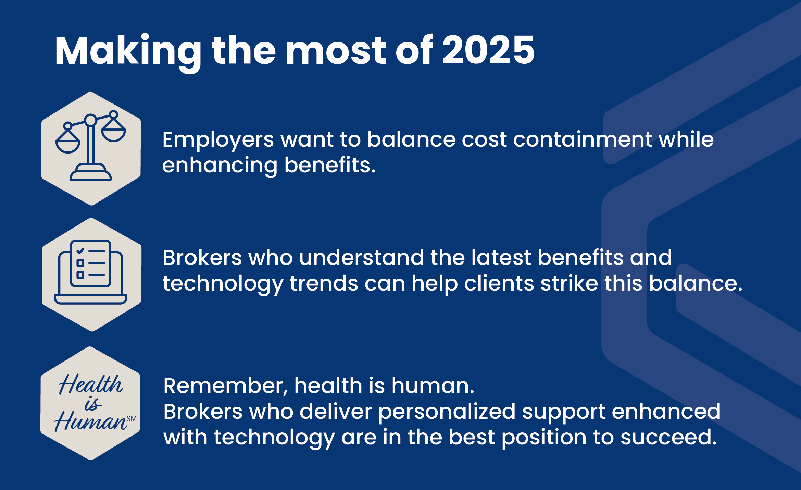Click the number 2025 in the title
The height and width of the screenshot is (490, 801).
pos(488,50)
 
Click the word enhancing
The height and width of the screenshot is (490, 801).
pos(219,166)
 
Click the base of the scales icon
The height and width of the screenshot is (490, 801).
pos(91,173)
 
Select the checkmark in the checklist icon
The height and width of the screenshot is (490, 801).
pos(80,251)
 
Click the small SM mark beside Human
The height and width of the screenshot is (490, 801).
pos(132,419)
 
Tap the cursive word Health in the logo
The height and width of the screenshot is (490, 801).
pos(91,384)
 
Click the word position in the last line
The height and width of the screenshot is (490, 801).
pos(544,438)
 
